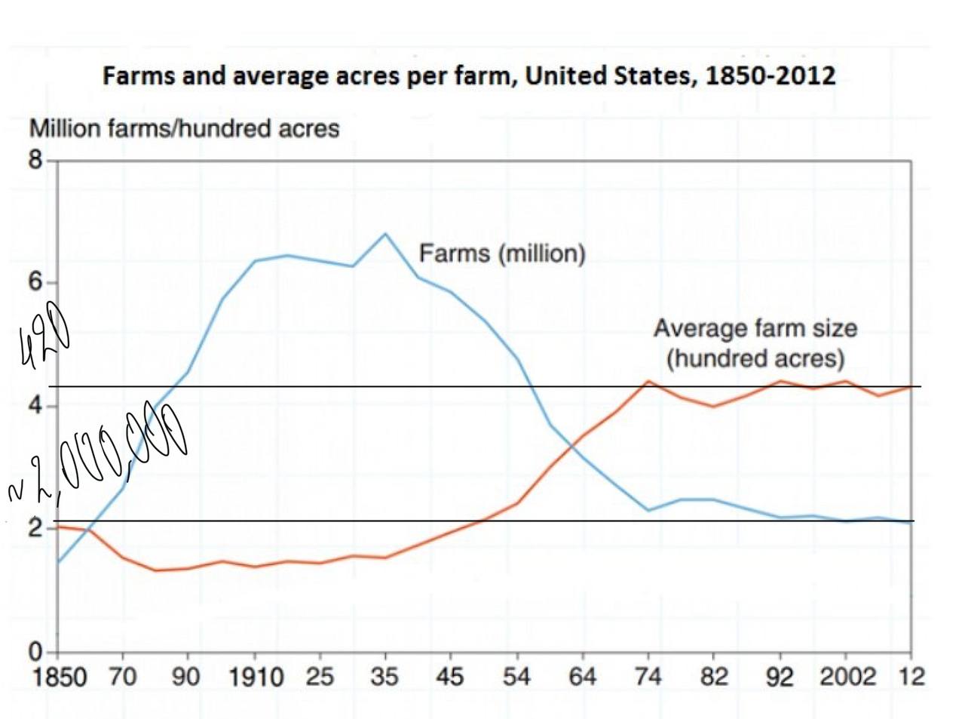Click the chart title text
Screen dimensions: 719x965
click(469, 76)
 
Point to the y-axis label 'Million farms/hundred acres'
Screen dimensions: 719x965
click(184, 128)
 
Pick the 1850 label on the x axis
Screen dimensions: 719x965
click(60, 676)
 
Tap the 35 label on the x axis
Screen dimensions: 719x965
click(384, 676)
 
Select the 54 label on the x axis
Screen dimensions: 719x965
click(516, 676)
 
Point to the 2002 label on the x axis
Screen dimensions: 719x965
click(848, 676)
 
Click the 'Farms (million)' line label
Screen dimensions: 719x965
click(502, 253)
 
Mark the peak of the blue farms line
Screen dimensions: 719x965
click(385, 234)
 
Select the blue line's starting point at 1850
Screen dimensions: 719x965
click(58, 563)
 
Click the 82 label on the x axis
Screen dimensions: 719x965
click(714, 676)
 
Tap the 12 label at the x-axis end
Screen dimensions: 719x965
click(912, 676)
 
